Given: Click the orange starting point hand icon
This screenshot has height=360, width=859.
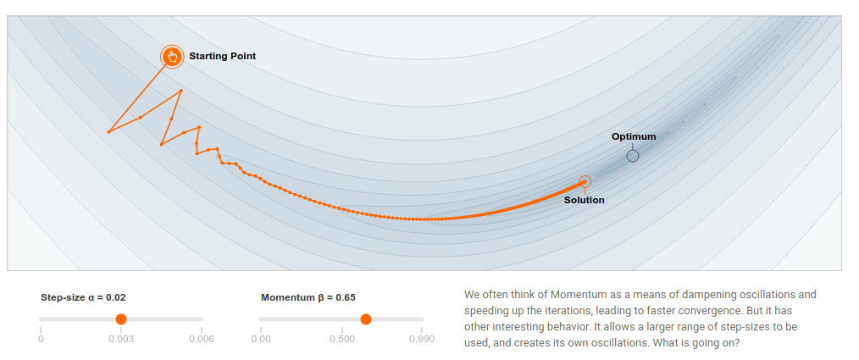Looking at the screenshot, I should coord(172,57).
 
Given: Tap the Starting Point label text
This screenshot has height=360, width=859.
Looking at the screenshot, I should coord(222,56).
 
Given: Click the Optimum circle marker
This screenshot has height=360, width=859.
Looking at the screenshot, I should coord(633,156).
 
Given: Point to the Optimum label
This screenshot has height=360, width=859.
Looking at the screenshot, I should coord(634,136).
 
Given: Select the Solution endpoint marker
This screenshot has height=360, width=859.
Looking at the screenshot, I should coord(585,181).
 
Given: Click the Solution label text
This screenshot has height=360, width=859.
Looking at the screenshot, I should coord(585,200).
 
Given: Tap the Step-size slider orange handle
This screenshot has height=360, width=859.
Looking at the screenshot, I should coord(120,318).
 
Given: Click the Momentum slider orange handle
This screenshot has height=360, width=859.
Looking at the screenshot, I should coord(365,318).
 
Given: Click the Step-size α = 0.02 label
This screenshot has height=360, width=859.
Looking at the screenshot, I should coord(83,297).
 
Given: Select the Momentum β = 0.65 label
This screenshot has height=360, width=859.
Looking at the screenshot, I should coord(308,297).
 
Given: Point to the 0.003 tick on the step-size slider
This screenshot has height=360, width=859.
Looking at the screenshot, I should coord(120,339).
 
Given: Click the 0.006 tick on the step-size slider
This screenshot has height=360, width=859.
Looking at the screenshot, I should coord(201,339).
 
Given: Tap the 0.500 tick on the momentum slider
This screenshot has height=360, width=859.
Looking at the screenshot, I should coord(342,339).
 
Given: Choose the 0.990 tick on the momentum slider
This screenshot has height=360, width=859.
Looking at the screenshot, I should coord(421,339).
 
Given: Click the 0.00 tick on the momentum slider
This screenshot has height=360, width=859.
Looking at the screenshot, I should coord(261,339).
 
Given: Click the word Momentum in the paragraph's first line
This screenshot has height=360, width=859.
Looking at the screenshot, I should coord(579,295).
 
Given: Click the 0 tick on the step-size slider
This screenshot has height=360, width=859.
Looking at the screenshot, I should coord(41,339).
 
